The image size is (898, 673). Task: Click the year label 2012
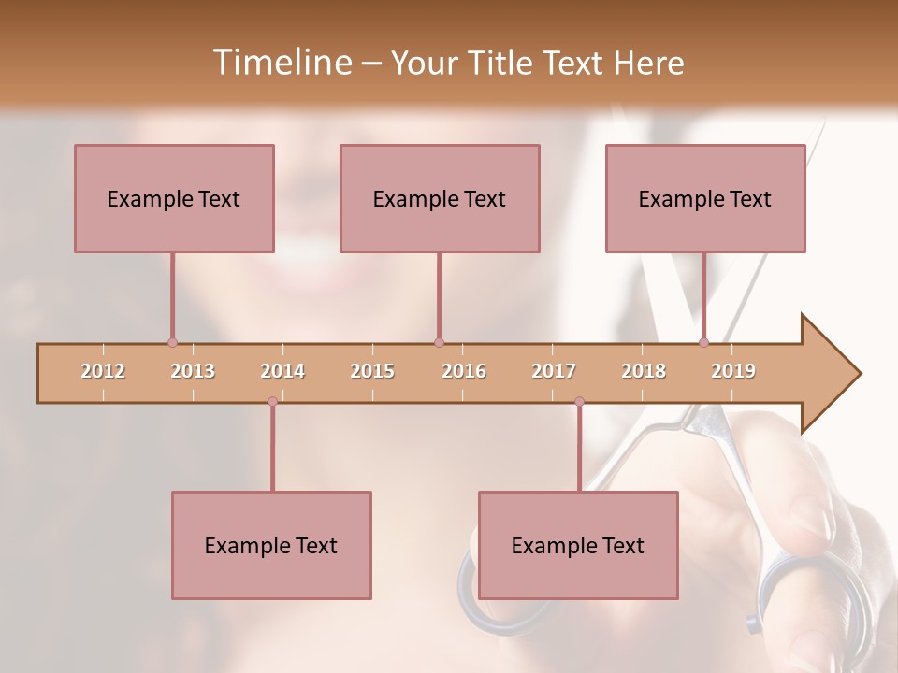(103, 371)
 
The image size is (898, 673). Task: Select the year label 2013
(193, 371)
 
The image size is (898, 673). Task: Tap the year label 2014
(282, 371)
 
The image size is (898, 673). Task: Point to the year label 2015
(372, 371)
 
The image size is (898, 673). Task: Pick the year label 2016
(464, 371)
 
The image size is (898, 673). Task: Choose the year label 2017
(554, 371)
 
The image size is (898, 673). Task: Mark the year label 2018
(644, 371)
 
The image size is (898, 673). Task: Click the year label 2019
(733, 371)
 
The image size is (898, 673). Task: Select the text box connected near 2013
(174, 198)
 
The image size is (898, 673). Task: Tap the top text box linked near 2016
(440, 198)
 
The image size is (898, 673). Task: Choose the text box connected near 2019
(705, 198)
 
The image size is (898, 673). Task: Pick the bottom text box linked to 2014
(271, 545)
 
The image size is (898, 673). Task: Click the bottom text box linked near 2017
(578, 545)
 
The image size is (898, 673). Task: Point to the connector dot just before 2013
(172, 342)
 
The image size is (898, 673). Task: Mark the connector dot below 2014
(272, 401)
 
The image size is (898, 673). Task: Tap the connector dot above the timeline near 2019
(703, 342)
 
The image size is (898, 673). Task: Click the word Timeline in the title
(280, 63)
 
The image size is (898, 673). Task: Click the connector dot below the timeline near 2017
(579, 401)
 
